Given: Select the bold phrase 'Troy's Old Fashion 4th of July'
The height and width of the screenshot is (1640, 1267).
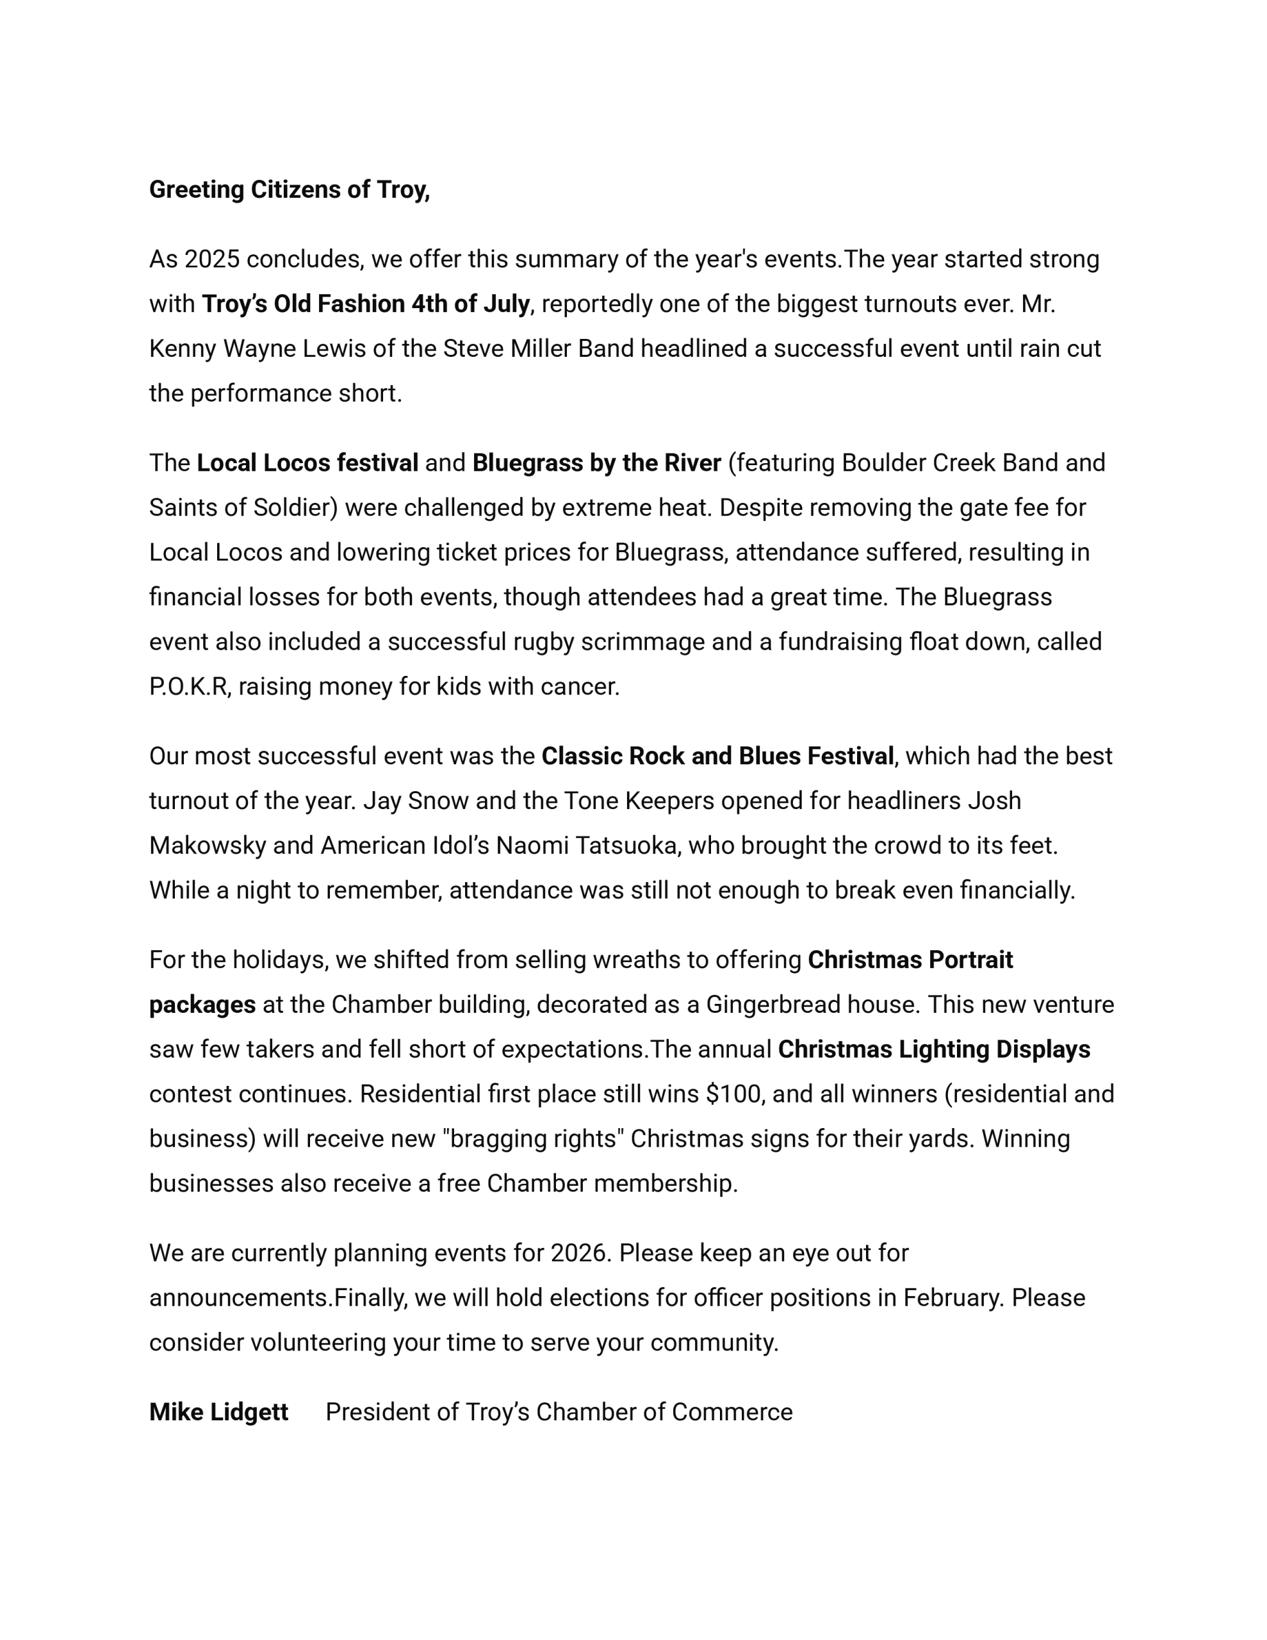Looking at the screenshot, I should [365, 304].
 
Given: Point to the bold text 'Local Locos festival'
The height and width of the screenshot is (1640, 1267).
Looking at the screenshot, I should [307, 463].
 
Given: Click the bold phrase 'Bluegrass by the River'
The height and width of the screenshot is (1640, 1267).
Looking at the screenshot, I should [596, 463].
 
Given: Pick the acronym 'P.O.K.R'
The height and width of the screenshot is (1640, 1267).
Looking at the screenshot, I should [188, 686].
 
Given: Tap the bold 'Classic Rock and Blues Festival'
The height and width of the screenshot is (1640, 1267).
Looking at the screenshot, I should [717, 755].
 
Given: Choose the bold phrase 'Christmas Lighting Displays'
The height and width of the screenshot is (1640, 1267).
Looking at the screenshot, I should [933, 1049].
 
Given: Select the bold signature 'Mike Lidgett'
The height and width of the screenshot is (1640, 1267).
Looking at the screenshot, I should [218, 1412].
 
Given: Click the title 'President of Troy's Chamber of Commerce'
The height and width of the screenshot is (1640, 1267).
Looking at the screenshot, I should [559, 1412].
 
